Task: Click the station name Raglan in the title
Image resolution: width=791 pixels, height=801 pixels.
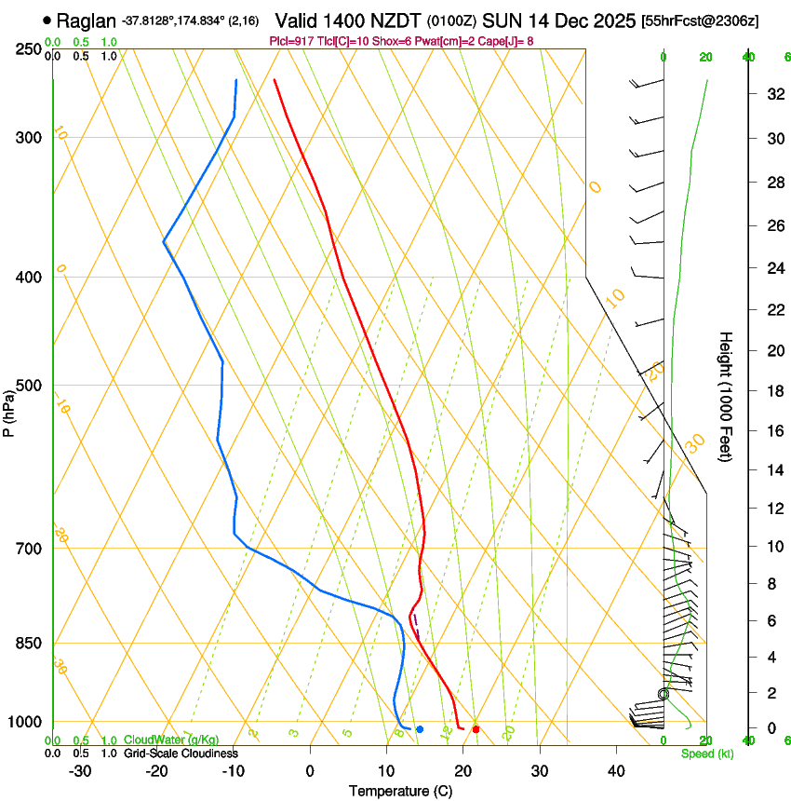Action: point(87,20)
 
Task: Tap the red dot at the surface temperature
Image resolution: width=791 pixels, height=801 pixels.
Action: point(476,729)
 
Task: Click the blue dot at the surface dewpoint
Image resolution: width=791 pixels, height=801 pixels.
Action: point(420,729)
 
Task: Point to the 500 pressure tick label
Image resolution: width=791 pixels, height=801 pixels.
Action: point(29,386)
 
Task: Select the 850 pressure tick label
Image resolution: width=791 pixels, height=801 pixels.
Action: point(29,644)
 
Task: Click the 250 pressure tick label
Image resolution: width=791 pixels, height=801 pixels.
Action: point(29,48)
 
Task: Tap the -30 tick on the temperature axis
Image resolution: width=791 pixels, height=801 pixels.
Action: point(80,770)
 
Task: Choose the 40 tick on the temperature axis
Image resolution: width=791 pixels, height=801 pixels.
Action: point(615,770)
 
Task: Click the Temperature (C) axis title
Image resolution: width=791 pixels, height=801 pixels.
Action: point(400,791)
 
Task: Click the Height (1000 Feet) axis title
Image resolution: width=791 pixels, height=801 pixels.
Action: point(726,397)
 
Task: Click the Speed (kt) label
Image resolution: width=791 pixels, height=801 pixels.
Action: point(706,753)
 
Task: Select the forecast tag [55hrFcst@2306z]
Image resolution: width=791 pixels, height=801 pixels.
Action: point(700,20)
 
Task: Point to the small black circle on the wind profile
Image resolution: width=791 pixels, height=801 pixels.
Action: point(664,694)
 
